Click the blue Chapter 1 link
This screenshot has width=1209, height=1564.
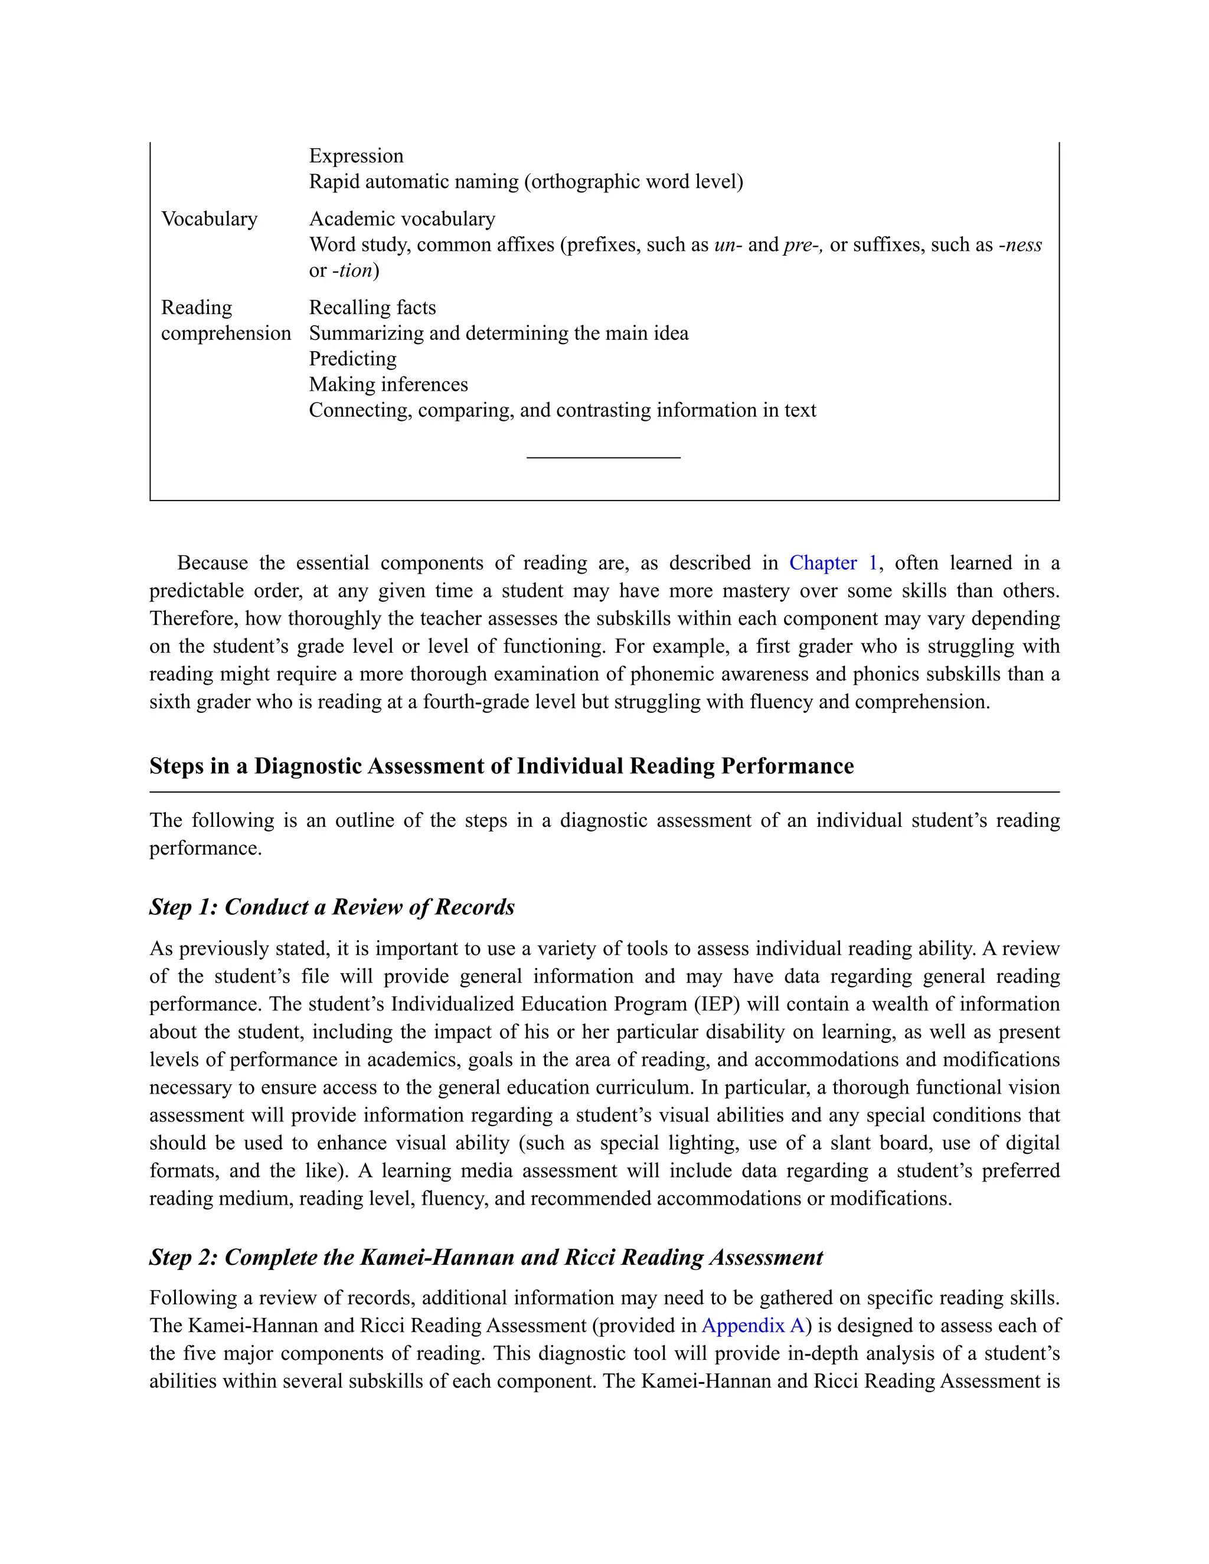tap(832, 563)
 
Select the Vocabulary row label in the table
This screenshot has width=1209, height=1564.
tap(209, 219)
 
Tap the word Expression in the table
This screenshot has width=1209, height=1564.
tap(356, 156)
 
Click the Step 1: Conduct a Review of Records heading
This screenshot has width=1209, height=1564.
tap(332, 907)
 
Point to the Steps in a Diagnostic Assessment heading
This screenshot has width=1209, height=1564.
tap(501, 766)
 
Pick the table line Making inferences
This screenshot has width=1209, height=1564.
tap(388, 385)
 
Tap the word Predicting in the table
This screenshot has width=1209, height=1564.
tap(352, 359)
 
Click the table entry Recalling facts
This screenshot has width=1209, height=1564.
tap(372, 308)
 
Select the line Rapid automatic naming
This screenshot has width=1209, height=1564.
tap(526, 182)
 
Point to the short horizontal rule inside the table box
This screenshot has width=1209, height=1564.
tap(603, 457)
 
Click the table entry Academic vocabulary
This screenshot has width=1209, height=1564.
tap(402, 219)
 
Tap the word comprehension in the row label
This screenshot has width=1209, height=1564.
tap(226, 333)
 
